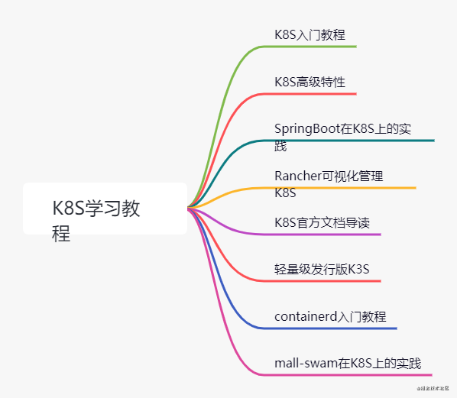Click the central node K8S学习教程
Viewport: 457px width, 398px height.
pos(105,209)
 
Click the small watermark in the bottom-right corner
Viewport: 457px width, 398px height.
pos(432,390)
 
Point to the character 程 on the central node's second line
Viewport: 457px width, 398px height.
pos(61,233)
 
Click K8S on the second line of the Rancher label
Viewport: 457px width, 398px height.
pos(285,193)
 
